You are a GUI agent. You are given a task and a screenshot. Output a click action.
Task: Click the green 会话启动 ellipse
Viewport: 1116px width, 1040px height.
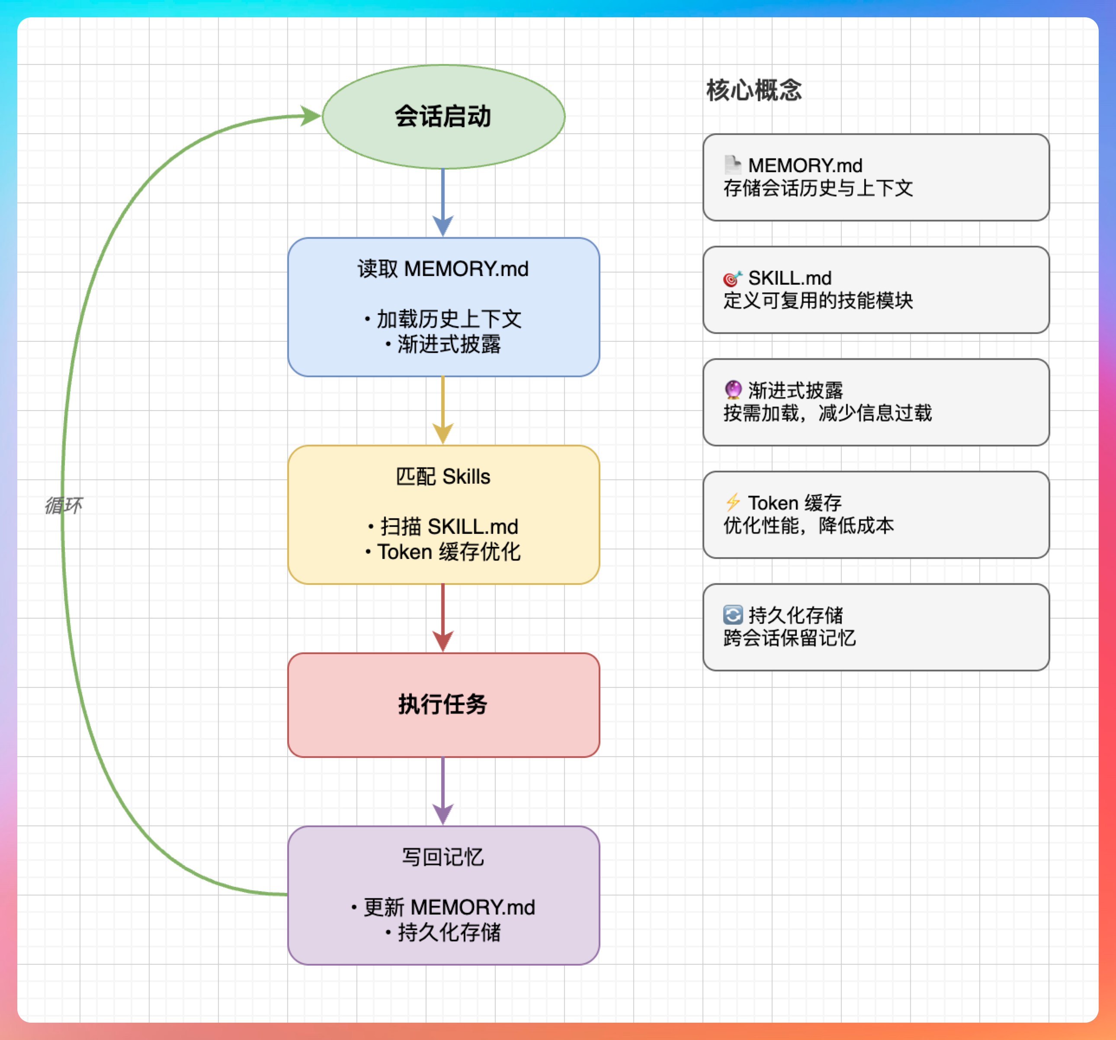pos(443,117)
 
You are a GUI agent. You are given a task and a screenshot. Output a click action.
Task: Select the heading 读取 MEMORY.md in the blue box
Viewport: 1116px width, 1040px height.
pos(443,269)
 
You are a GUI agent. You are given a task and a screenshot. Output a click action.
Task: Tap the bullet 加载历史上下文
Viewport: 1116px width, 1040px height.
pos(449,319)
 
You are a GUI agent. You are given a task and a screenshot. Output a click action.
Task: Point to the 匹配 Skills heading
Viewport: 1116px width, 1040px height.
pos(443,477)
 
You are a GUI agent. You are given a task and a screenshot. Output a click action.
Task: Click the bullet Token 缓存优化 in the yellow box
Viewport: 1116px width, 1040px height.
pos(449,552)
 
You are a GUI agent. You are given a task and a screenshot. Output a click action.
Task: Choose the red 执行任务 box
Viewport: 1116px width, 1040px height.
pos(443,704)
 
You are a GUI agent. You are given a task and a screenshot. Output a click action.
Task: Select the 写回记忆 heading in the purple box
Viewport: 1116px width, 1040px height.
pos(443,857)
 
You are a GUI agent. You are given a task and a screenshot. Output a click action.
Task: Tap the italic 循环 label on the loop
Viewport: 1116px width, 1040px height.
pos(64,505)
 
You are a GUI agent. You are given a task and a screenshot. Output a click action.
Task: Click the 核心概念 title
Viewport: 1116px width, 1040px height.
pos(754,90)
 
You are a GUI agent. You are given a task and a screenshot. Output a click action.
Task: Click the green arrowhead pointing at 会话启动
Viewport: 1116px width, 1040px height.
pos(310,116)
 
